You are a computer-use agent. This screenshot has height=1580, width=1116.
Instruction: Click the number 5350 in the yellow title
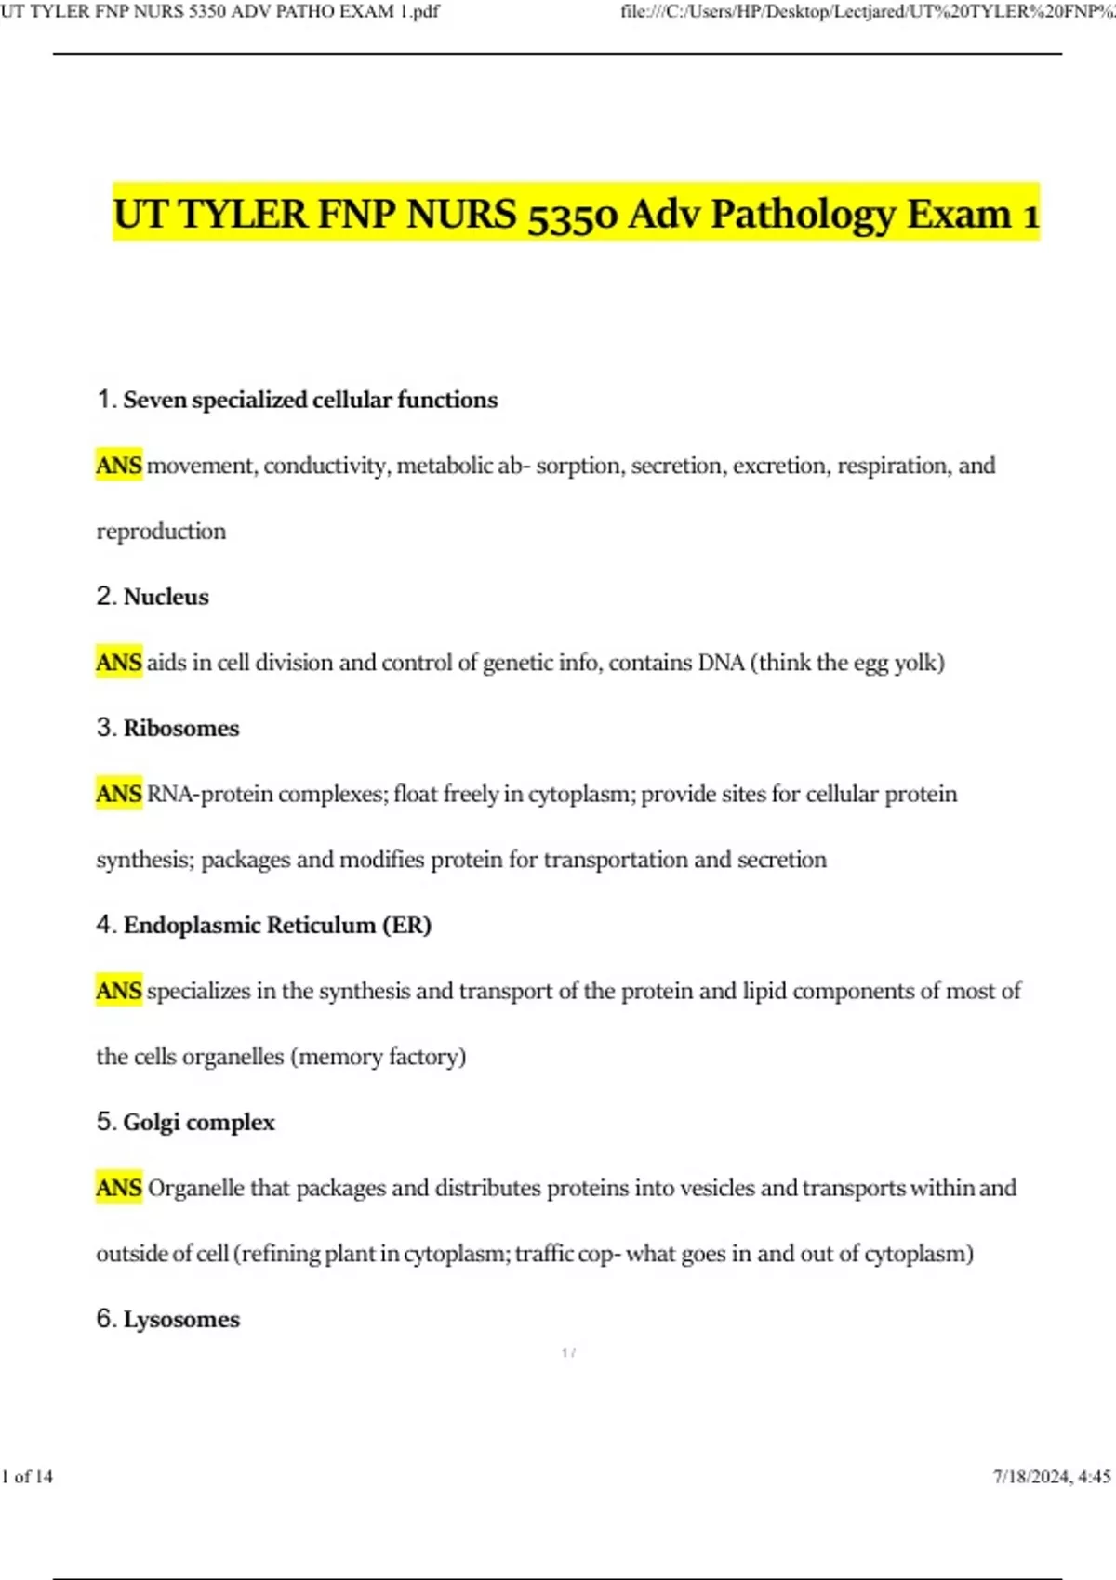point(572,216)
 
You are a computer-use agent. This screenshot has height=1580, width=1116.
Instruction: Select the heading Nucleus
point(166,597)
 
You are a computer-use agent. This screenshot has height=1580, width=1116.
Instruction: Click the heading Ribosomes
point(181,728)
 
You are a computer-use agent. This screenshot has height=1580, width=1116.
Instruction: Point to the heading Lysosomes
point(181,1319)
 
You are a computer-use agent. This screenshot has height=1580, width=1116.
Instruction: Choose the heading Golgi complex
point(199,1122)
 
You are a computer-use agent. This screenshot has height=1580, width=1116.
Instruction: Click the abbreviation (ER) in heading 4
point(406,925)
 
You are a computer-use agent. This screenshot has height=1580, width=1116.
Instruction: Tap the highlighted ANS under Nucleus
point(119,663)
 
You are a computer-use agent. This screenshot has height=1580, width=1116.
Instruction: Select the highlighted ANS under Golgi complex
point(119,1188)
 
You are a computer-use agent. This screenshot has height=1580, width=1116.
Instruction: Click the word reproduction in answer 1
point(161,532)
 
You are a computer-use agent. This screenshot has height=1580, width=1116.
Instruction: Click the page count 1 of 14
point(28,1477)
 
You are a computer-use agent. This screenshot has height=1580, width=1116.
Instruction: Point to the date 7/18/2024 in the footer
point(1030,1477)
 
